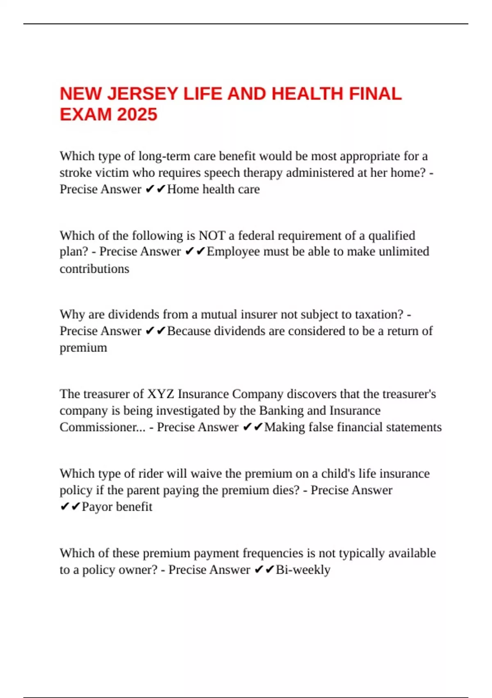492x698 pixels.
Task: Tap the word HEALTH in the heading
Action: [x=307, y=94]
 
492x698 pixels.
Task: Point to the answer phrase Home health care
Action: [x=213, y=189]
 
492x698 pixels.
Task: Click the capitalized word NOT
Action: [x=212, y=236]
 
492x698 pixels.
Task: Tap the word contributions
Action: [x=94, y=269]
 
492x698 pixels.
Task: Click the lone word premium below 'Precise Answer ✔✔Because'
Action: [x=83, y=348]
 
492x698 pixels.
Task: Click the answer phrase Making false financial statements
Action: [x=353, y=427]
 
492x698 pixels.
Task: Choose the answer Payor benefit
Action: [x=117, y=507]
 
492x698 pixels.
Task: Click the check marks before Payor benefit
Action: [x=70, y=507]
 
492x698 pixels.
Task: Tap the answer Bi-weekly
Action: [x=303, y=570]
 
